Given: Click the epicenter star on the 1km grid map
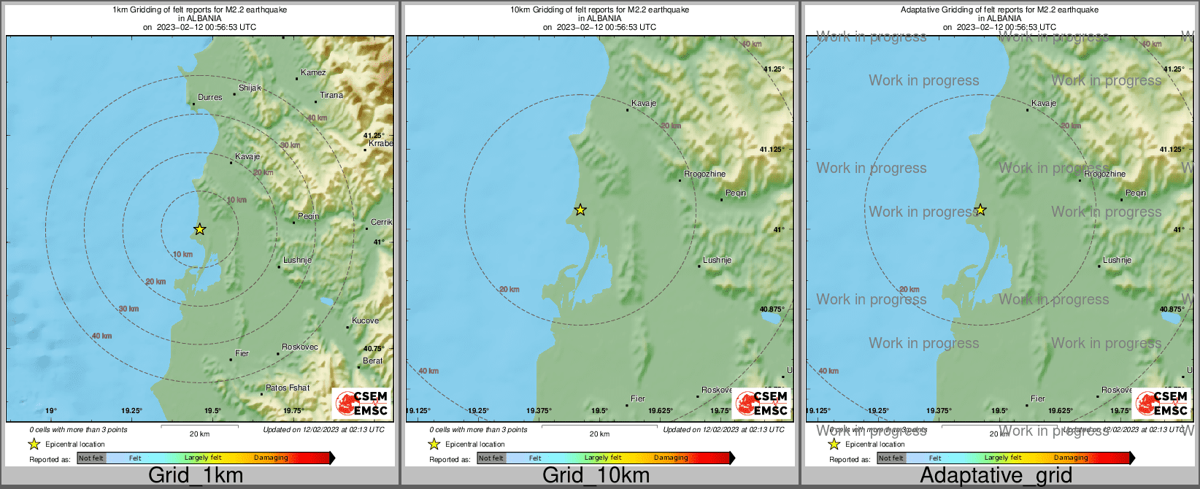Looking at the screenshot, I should point(199,229).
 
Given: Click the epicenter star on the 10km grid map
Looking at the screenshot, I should point(580,210).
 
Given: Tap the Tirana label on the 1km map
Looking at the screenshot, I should point(331,95).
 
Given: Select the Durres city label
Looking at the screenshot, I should point(210,97).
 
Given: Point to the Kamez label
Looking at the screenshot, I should point(313,72).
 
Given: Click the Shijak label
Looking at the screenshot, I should point(250,88).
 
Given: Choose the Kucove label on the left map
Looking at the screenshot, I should point(365,320).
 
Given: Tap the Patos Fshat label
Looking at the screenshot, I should point(288,388).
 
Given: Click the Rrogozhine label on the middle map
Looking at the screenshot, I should point(704,174).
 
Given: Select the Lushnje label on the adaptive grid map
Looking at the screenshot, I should point(1117,260).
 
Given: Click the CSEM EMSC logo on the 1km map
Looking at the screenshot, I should point(361,403).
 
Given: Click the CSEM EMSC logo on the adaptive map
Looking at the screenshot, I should point(1161,403).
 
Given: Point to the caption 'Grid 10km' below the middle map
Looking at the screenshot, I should point(596,475).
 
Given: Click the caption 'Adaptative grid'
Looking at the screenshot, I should point(996,475).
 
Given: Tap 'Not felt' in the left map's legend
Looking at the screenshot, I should point(91,458).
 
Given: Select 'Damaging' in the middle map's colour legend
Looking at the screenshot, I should point(671,458).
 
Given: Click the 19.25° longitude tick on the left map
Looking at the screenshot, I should point(131,411).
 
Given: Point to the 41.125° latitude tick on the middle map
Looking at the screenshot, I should point(772,149).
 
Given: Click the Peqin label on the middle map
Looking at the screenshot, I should point(736,193).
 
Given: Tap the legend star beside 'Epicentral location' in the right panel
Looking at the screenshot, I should point(834,444).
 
